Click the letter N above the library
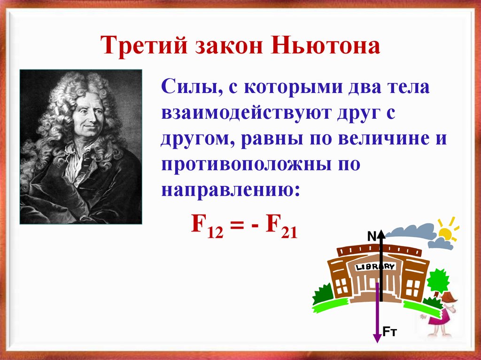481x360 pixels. point(371,237)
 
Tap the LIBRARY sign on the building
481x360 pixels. point(375,267)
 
